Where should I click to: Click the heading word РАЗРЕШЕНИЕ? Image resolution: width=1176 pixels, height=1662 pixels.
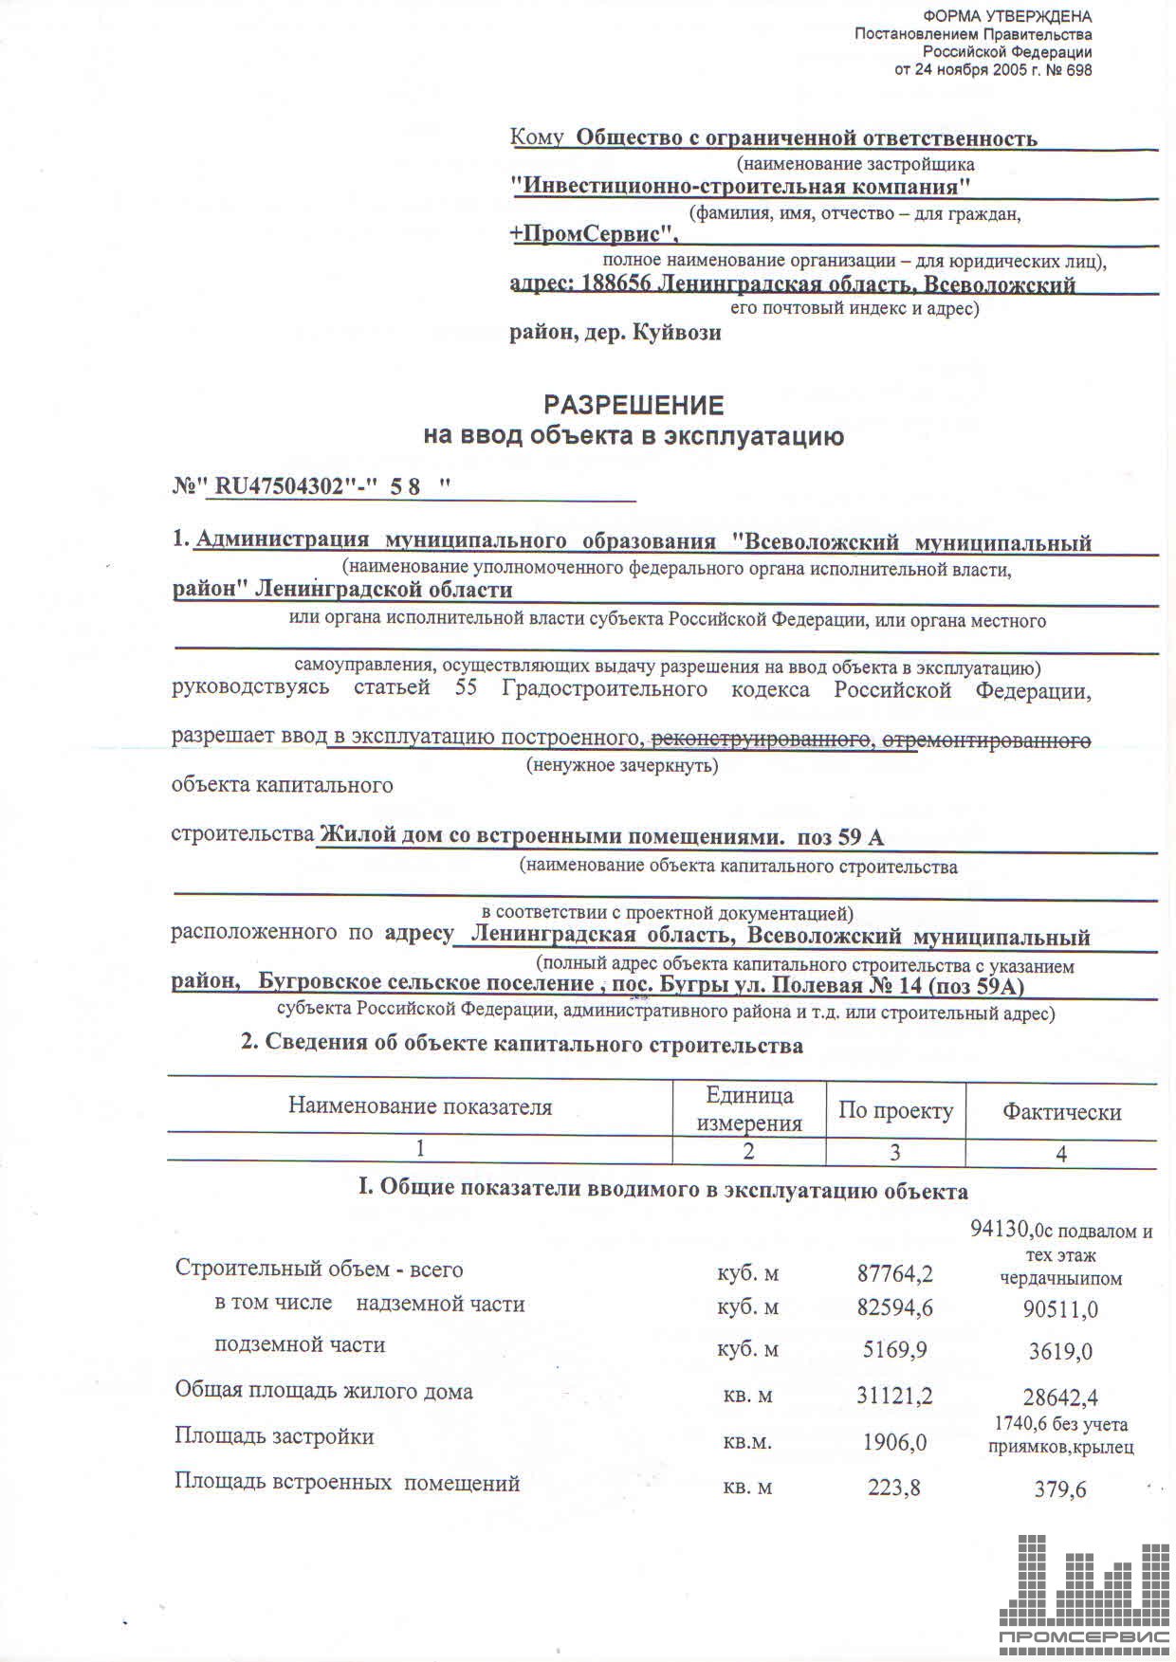(x=634, y=406)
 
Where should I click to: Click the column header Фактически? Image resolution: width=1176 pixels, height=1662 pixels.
(x=1061, y=1112)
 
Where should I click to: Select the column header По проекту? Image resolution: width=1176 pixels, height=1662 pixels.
(x=895, y=1110)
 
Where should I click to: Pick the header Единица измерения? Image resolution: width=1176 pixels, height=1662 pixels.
(x=749, y=1109)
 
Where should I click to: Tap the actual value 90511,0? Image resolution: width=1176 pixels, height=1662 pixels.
(x=1062, y=1309)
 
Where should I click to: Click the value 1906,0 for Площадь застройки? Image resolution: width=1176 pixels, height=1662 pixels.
(x=894, y=1442)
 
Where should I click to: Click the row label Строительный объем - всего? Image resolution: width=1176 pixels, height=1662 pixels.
(x=319, y=1269)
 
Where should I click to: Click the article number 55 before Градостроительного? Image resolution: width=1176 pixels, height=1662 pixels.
(x=466, y=688)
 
